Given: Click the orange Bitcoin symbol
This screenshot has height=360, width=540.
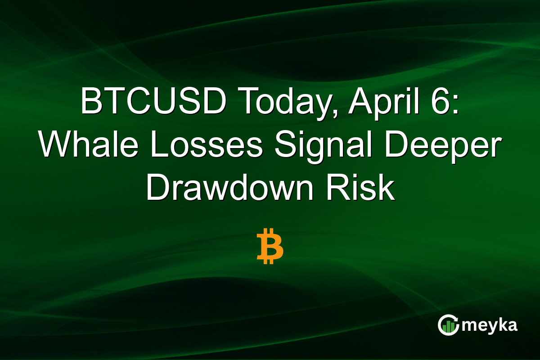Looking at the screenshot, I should click(270, 246).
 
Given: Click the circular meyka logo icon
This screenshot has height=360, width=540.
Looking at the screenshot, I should click(449, 325).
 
